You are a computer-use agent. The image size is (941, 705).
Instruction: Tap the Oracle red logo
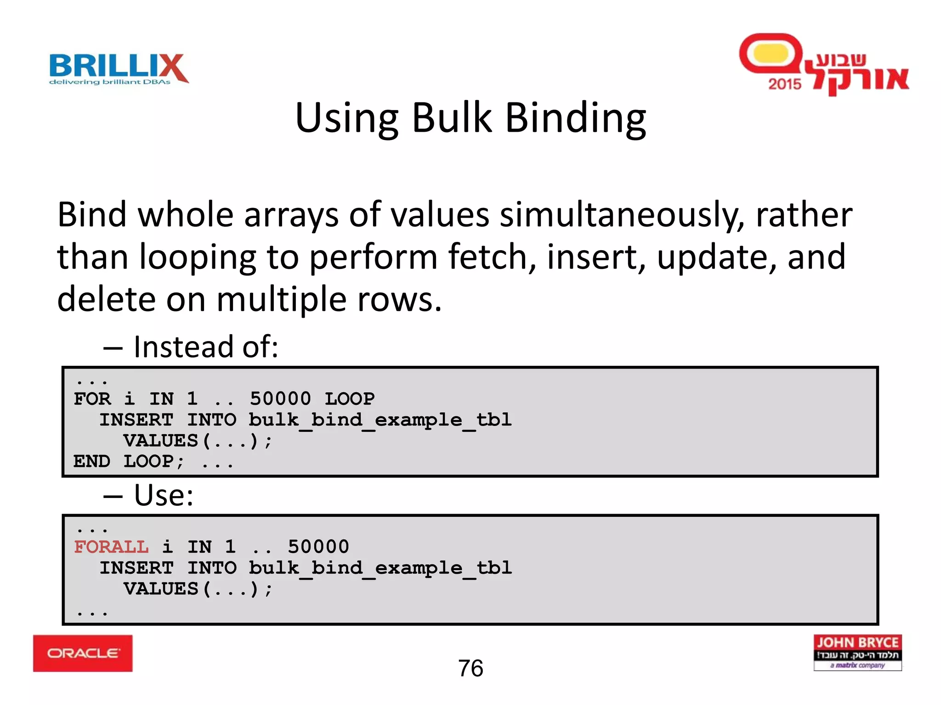pos(83,653)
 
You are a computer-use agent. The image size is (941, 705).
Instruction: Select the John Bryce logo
pos(857,652)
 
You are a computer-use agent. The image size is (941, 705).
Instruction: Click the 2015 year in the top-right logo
pos(785,84)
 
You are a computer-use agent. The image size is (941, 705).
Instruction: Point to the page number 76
pos(470,668)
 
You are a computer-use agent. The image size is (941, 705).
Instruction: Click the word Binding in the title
pos(576,118)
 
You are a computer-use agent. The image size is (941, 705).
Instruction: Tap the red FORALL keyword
pos(111,547)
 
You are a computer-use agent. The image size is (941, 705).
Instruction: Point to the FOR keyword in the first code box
pos(92,398)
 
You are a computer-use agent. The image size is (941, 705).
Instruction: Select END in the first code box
pos(92,461)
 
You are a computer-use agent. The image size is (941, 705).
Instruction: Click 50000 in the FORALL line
pos(318,547)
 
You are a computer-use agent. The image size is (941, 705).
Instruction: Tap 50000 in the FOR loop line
pos(280,398)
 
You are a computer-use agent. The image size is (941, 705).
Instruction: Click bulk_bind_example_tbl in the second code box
pos(380,568)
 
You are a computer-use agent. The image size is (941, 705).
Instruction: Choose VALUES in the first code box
pos(160,441)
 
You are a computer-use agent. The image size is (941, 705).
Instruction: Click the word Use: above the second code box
pos(164,495)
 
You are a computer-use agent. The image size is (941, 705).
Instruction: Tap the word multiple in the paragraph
pos(281,299)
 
